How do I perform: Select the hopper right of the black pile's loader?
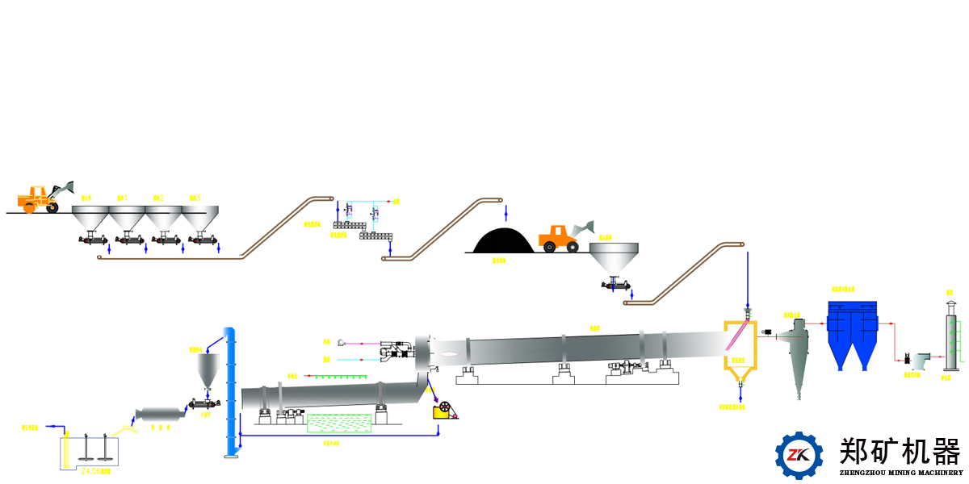(x=615, y=258)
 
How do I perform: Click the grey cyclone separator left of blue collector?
(x=796, y=355)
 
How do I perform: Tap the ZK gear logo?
(x=799, y=455)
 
